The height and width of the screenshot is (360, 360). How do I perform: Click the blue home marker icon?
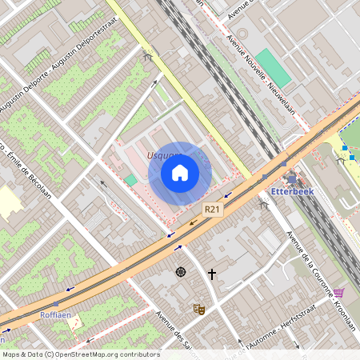tap(180, 173)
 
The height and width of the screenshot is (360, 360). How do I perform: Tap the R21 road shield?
tap(212, 209)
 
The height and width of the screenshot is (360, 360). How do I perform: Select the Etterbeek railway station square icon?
tap(290, 179)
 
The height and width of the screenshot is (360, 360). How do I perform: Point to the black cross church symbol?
tap(212, 274)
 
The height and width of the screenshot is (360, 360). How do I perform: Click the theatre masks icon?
tap(198, 308)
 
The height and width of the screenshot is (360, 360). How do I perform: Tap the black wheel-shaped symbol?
tap(181, 272)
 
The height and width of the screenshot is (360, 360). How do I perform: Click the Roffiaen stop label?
tap(55, 315)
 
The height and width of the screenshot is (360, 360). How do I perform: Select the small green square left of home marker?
tap(130, 180)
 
